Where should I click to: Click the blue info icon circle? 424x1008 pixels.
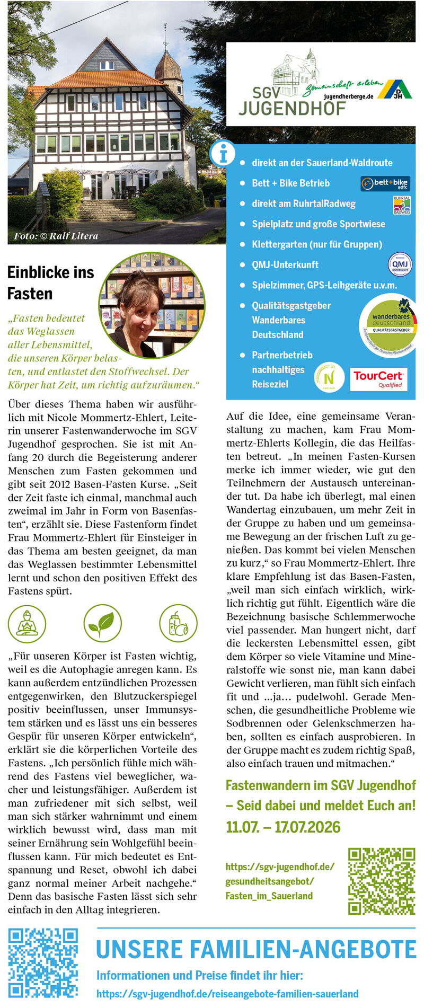pos(223,154)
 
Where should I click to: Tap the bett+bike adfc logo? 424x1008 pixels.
pos(385,184)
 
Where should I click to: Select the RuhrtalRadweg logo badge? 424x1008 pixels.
pos(401,205)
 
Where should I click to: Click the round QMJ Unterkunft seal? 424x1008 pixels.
pos(400,264)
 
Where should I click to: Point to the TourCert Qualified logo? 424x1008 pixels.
pos(379,379)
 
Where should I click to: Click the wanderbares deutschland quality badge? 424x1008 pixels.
pos(391,324)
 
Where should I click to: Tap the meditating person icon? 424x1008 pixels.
pos(27,623)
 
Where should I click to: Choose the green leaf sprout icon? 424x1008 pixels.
pos(102,623)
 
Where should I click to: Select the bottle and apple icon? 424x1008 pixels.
pos(178,623)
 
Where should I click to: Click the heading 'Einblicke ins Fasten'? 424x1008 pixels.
pos(50,282)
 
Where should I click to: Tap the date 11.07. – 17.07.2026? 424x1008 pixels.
pos(283,827)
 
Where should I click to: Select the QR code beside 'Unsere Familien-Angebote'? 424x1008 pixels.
pos(43,962)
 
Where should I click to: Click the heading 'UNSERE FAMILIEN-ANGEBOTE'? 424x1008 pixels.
pos(256,949)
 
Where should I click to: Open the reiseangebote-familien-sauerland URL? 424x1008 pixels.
pos(227,994)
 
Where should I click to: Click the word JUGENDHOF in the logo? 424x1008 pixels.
pos(291,108)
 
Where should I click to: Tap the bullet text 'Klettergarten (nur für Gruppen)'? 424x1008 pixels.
pos(316,244)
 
